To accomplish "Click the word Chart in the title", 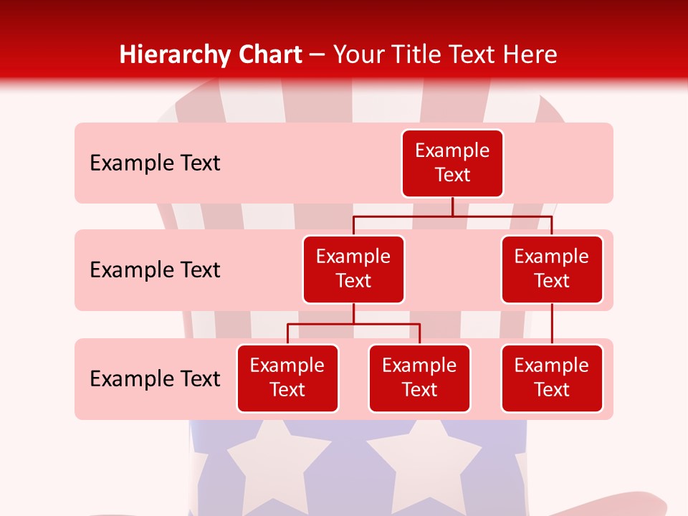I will pyautogui.click(x=269, y=55).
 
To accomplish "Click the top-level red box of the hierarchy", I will pyautogui.click(x=452, y=163).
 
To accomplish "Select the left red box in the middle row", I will pyautogui.click(x=353, y=269).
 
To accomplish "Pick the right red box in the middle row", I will pyautogui.click(x=552, y=269).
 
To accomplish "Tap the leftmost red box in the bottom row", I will pyautogui.click(x=287, y=378).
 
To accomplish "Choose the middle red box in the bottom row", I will pyautogui.click(x=419, y=378).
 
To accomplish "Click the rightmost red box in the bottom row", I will pyautogui.click(x=552, y=378).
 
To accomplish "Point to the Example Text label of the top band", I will pyautogui.click(x=155, y=163).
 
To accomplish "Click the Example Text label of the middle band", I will pyautogui.click(x=155, y=270).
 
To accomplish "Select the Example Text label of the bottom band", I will pyautogui.click(x=155, y=379).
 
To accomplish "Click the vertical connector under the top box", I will pyautogui.click(x=452, y=206).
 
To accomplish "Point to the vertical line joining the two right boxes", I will pyautogui.click(x=552, y=324).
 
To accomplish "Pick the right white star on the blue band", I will pyautogui.click(x=424, y=459).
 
